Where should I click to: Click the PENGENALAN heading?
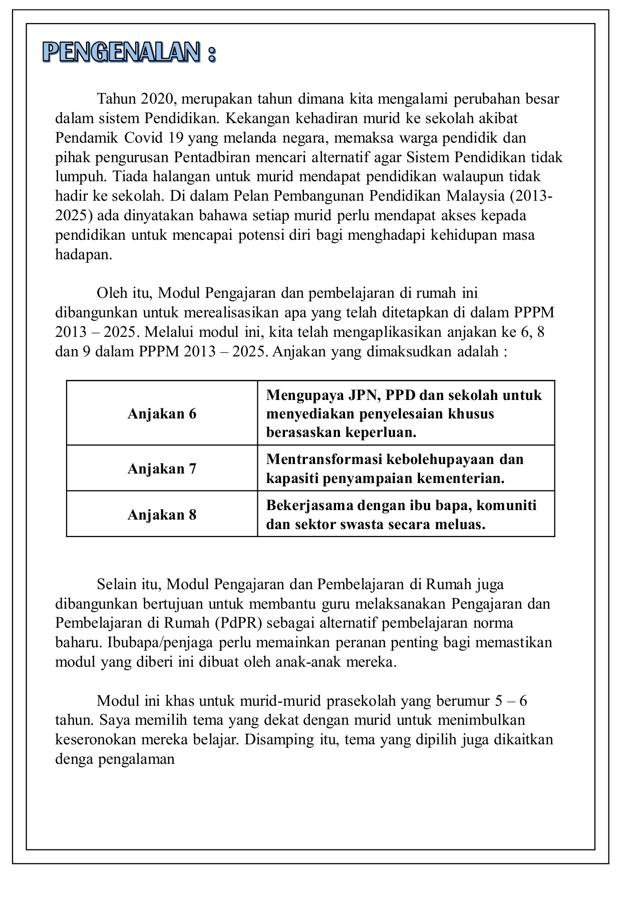pos(129,52)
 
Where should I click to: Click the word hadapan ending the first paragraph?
pos(83,255)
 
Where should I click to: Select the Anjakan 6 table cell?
pos(162,414)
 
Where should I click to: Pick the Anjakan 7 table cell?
pos(162,469)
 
